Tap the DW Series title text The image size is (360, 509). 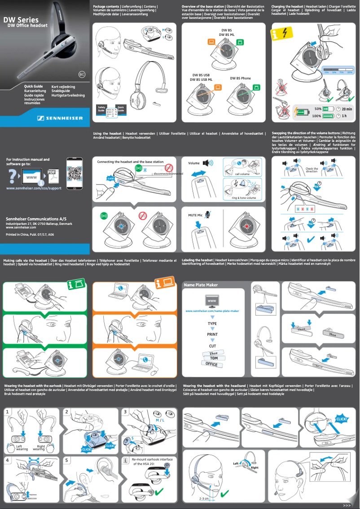point(21,20)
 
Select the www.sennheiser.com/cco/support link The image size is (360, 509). point(34,188)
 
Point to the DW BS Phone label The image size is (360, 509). point(241,78)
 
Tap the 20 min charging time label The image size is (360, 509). point(346,109)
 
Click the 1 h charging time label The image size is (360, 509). point(344,116)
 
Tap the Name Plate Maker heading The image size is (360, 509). point(201,284)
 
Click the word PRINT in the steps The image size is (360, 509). point(212,334)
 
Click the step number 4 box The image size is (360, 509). point(8,460)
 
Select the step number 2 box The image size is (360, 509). point(66,411)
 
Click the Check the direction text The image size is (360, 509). point(312,170)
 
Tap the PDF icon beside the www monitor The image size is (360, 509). point(53,174)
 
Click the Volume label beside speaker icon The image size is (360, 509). point(194,163)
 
